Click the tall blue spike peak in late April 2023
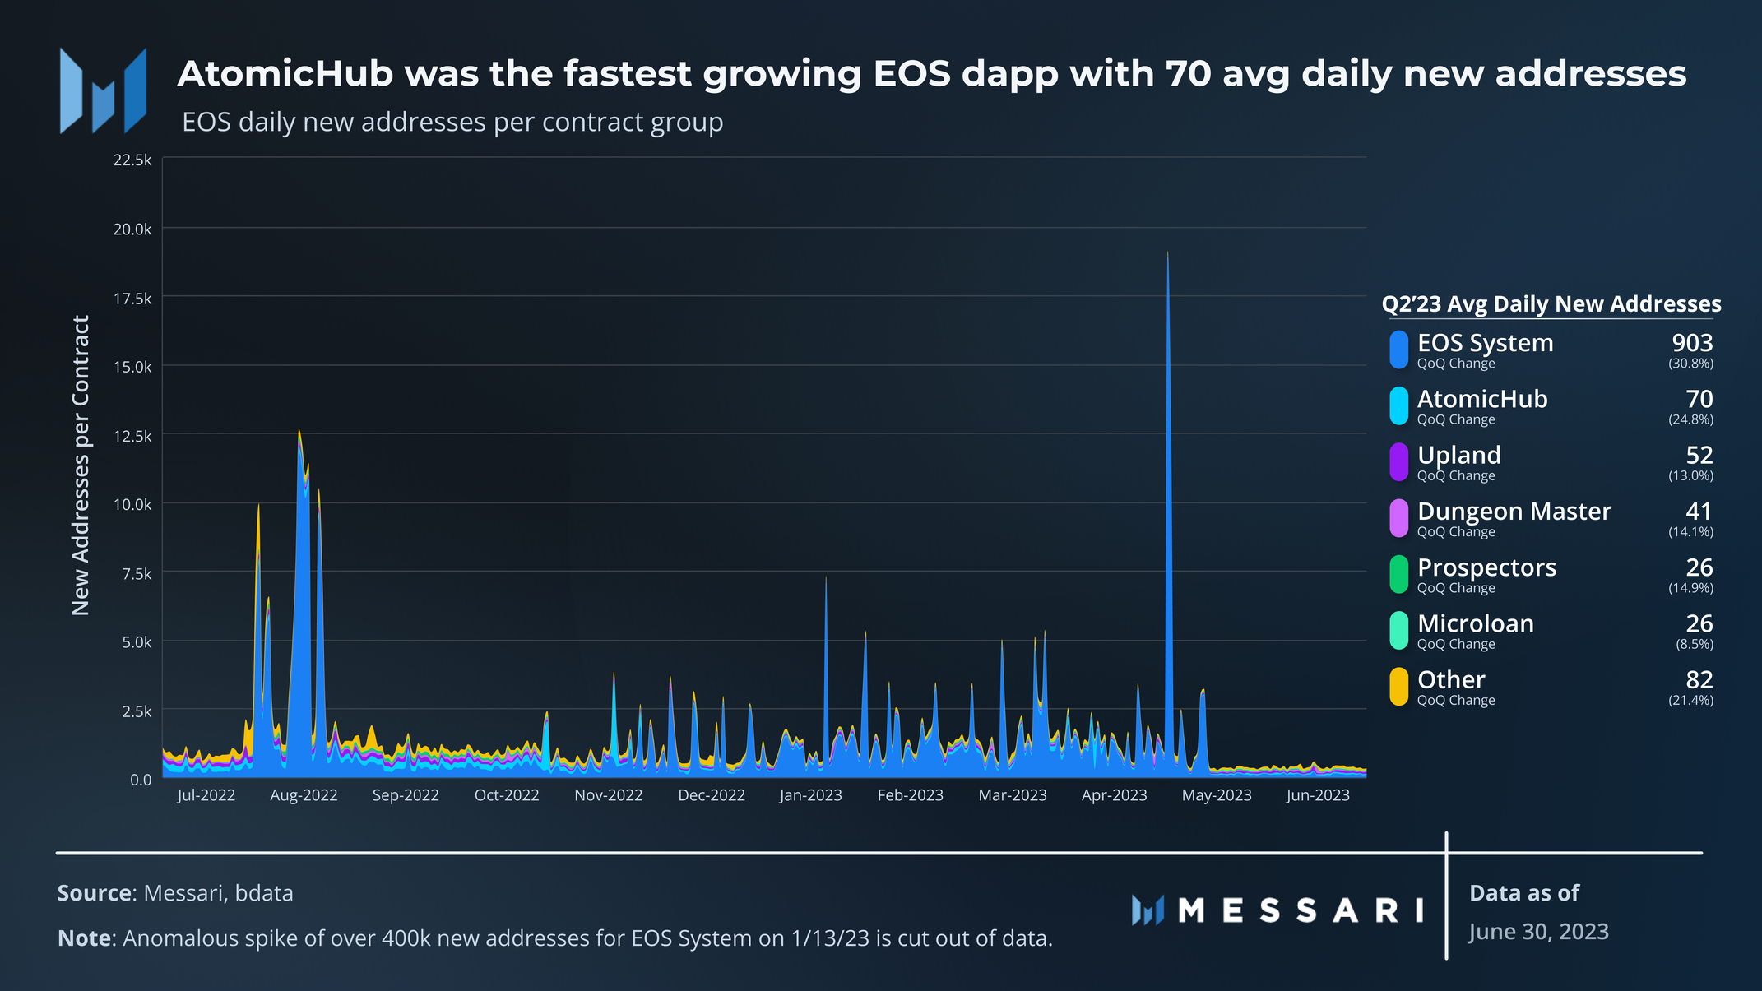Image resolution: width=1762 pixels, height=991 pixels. click(1167, 253)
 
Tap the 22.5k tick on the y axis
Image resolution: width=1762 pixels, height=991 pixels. click(132, 160)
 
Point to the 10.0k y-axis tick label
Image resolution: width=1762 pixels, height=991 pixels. click(132, 504)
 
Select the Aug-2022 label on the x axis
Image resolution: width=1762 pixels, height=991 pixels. click(304, 795)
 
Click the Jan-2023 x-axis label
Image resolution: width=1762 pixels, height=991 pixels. click(810, 795)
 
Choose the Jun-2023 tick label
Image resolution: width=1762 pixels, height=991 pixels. click(1318, 795)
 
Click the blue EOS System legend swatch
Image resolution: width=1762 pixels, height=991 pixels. click(1398, 350)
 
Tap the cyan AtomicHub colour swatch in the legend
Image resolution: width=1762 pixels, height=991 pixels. click(1398, 405)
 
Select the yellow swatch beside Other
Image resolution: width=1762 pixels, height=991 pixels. click(1398, 687)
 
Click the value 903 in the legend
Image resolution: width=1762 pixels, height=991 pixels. click(1692, 343)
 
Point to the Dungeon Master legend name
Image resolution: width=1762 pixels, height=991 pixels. click(1514, 512)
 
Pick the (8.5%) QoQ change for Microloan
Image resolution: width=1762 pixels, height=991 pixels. click(1695, 644)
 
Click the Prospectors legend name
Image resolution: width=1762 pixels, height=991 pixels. click(1486, 567)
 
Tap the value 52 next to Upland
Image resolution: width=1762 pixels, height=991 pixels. click(1699, 455)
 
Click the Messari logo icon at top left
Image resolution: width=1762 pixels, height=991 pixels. click(103, 90)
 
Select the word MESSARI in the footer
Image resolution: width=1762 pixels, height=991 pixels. click(1301, 910)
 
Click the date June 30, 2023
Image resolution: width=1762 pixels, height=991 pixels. click(1538, 932)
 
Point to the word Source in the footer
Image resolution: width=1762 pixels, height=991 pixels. click(94, 893)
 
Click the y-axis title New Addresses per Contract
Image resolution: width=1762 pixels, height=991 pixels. click(80, 465)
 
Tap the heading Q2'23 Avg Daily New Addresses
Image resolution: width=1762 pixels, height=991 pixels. click(1551, 304)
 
